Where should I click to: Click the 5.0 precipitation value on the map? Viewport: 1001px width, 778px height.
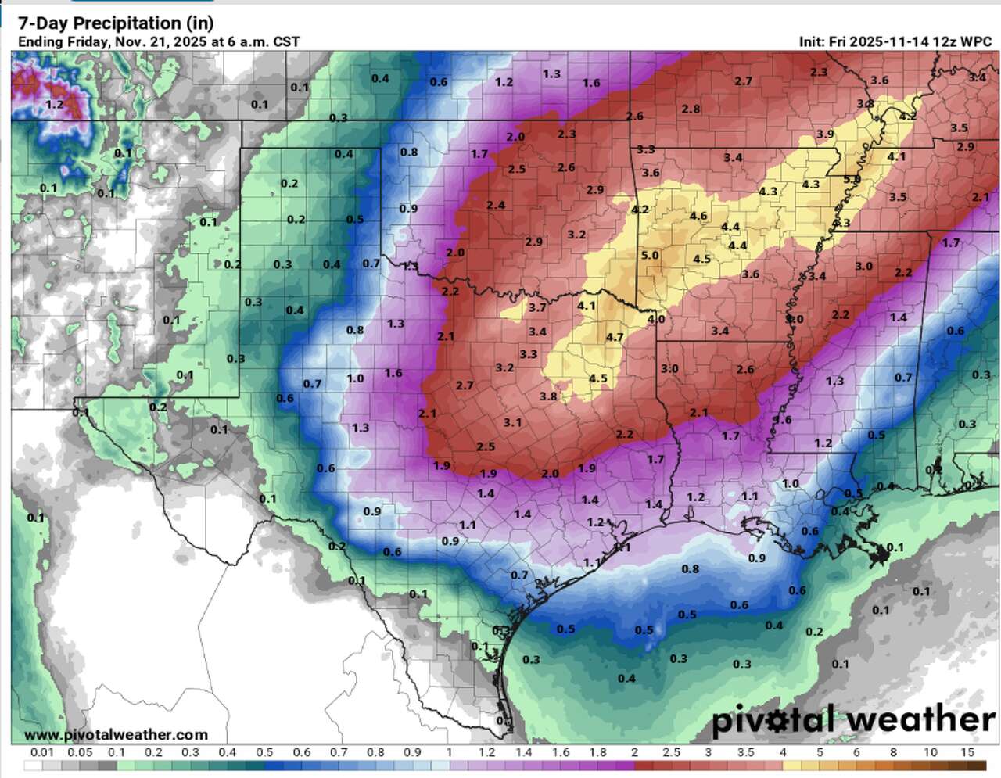[x=650, y=255]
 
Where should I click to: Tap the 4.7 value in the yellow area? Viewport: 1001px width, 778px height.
[x=615, y=337]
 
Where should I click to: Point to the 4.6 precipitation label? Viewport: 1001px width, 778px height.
[x=698, y=216]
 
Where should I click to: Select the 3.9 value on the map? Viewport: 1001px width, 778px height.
[x=825, y=134]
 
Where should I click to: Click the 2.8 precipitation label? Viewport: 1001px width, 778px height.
[x=691, y=109]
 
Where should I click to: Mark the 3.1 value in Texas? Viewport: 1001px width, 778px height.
[x=512, y=422]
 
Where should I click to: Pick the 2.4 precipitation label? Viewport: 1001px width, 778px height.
[x=496, y=205]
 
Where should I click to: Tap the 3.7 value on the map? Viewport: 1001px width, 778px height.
[x=537, y=307]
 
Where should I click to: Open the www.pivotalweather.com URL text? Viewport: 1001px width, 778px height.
[x=116, y=735]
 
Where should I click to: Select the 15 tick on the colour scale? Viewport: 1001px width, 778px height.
[x=968, y=753]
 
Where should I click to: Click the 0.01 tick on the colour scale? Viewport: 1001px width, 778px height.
[x=42, y=753]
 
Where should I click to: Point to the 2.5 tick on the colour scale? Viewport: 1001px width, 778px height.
[x=671, y=753]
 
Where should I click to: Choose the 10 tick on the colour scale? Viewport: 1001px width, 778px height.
[x=931, y=753]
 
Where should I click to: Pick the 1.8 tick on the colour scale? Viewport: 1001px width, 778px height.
[x=597, y=753]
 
